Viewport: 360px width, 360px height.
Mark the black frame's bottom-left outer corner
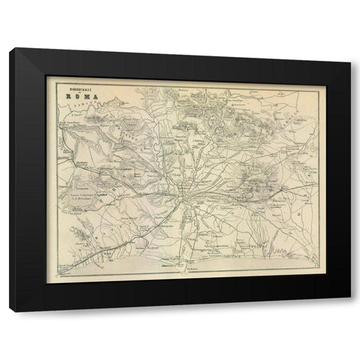pos(10,310)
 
